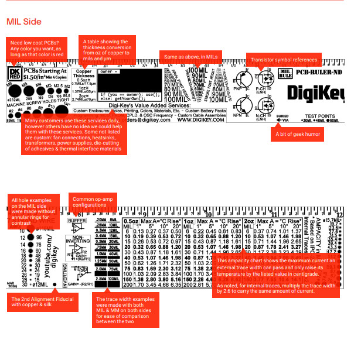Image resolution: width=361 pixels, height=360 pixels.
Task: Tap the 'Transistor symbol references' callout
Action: pyautogui.click(x=284, y=60)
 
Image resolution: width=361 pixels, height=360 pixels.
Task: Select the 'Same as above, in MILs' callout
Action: pyautogui.click(x=191, y=57)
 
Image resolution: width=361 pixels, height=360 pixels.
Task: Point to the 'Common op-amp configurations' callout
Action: pyautogui.click(x=93, y=204)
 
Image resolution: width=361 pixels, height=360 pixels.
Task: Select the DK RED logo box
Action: pyautogui.click(x=14, y=74)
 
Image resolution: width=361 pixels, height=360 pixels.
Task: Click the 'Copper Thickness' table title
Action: pyautogui.click(x=84, y=74)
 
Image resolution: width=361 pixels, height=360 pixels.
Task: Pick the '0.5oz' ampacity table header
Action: pyautogui.click(x=131, y=222)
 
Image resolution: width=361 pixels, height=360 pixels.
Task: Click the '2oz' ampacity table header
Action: pyautogui.click(x=249, y=222)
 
